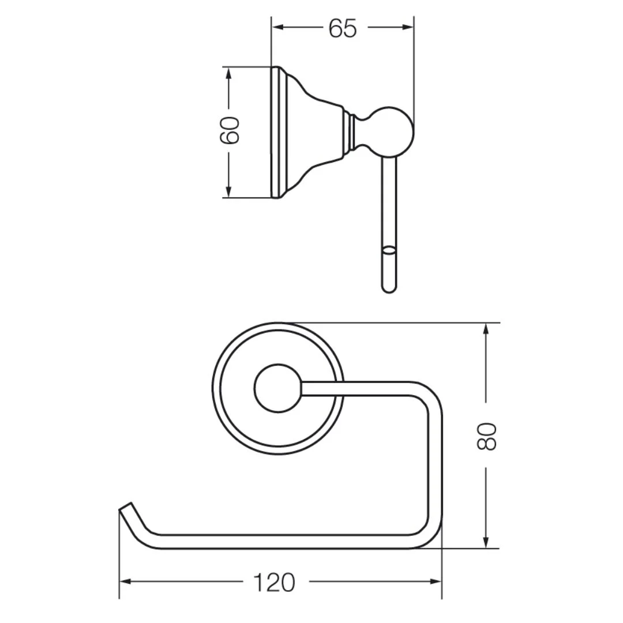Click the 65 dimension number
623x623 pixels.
(343, 29)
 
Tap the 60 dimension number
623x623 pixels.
(230, 130)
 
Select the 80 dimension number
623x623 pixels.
(486, 436)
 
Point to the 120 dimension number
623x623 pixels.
(275, 583)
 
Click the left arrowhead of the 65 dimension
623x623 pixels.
(277, 27)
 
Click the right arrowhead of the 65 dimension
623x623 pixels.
(408, 27)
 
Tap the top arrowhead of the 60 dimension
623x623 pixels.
(228, 73)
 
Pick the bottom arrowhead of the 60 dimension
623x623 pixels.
(228, 191)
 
